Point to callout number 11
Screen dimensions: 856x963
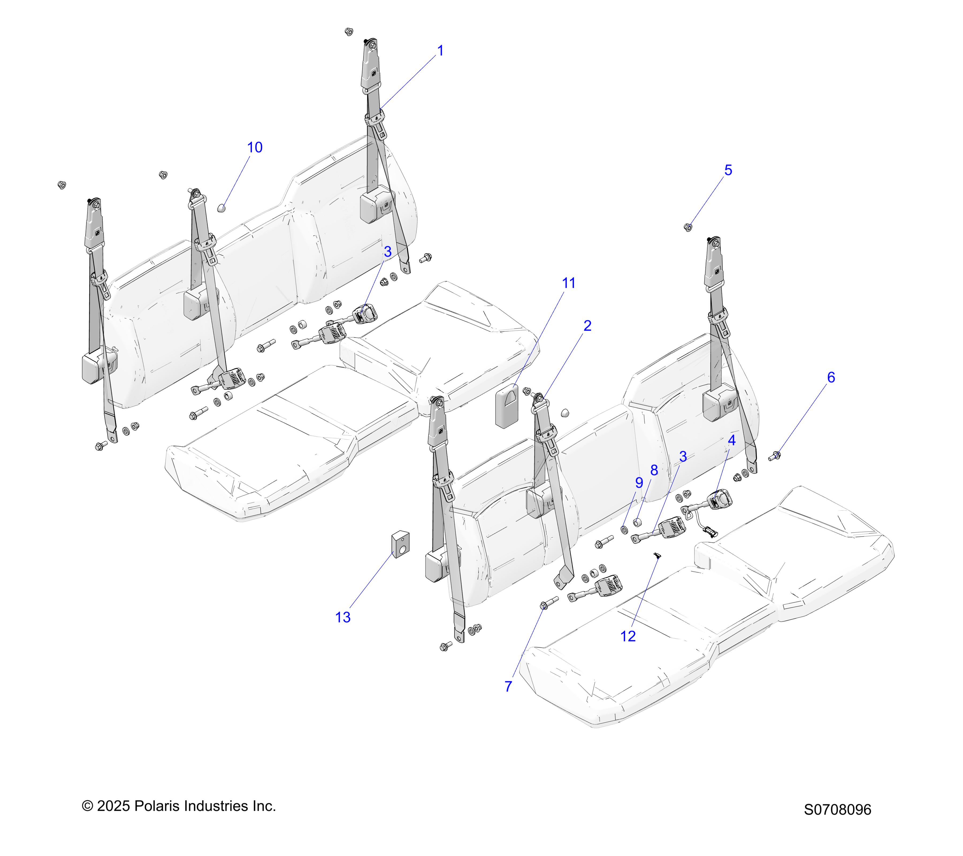coord(569,283)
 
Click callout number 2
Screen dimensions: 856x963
coord(587,326)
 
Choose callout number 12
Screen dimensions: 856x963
coord(628,636)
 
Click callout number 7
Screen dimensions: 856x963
coord(508,686)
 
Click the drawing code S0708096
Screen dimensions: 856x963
coord(837,809)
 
